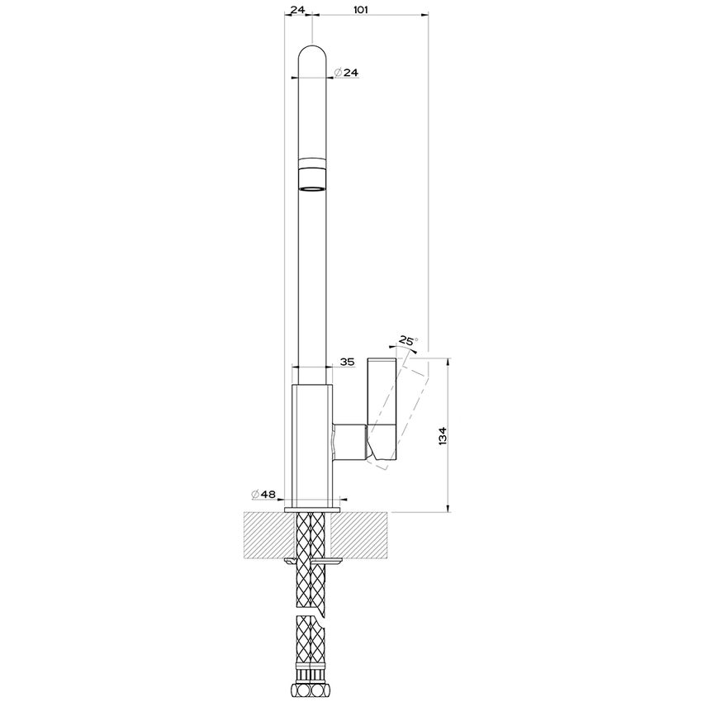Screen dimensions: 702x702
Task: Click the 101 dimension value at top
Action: coord(361,9)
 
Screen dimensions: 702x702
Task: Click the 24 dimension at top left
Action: coord(297,9)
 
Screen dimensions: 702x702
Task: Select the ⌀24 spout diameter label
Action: coord(347,72)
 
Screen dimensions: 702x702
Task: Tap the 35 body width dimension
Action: coord(347,362)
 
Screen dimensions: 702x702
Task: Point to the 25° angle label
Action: coord(407,341)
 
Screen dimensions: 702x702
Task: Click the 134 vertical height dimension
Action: coord(443,436)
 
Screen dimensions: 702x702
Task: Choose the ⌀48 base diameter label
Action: coord(263,494)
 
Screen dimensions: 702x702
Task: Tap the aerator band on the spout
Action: coord(312,174)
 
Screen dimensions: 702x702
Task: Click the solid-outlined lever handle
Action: coord(382,408)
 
